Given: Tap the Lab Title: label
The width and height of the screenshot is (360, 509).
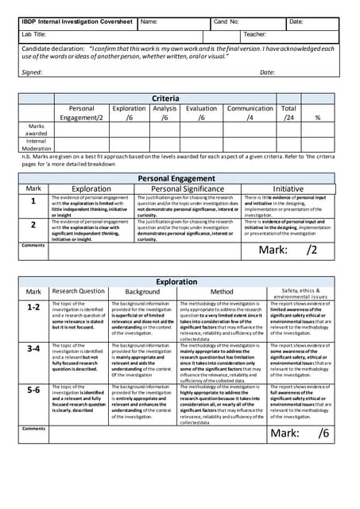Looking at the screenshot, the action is (35, 35).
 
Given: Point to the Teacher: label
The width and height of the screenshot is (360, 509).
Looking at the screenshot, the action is (254, 35).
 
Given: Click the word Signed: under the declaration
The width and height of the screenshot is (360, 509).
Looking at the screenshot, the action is (32, 72).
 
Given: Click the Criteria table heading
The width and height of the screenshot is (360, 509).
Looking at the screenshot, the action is (166, 99).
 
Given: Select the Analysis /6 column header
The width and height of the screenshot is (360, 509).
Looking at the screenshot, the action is (165, 113).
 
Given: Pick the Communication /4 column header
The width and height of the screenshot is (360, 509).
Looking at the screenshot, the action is (250, 113).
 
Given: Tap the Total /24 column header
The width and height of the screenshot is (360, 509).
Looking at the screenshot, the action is (288, 113).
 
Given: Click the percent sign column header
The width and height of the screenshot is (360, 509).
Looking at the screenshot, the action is (318, 118).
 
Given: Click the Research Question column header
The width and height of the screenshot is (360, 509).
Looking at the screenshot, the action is (78, 292).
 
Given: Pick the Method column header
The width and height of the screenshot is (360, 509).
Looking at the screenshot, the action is (222, 292).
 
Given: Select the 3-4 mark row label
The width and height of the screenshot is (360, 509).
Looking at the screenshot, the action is (33, 348).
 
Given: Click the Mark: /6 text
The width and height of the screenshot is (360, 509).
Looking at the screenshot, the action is (299, 433).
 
